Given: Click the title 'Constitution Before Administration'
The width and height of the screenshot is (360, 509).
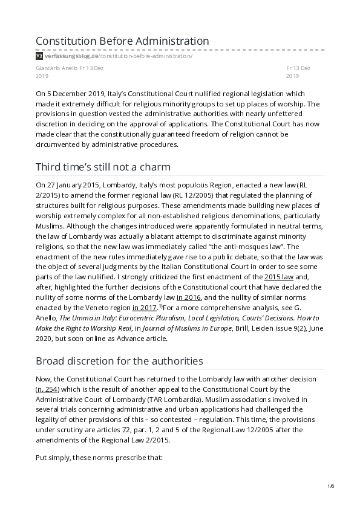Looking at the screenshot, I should tap(122, 41).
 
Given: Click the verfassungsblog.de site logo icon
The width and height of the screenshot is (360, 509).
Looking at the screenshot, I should tap(39, 56).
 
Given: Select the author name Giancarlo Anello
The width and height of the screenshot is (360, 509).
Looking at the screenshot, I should tap(56, 68).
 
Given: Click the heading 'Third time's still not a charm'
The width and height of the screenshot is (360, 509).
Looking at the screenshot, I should tap(103, 166).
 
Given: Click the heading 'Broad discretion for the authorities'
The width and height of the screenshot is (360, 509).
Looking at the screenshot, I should tap(119, 361).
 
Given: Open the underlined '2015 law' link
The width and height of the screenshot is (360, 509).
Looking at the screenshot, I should tap(283, 277).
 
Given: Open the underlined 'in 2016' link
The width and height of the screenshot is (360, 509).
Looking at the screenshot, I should tap(188, 297).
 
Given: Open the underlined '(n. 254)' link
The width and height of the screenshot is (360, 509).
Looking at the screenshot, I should tap(48, 389).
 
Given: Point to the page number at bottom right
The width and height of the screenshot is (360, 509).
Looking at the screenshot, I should tap(330, 486).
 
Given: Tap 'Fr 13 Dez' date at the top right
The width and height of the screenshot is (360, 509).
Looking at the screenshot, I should tap(298, 68).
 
